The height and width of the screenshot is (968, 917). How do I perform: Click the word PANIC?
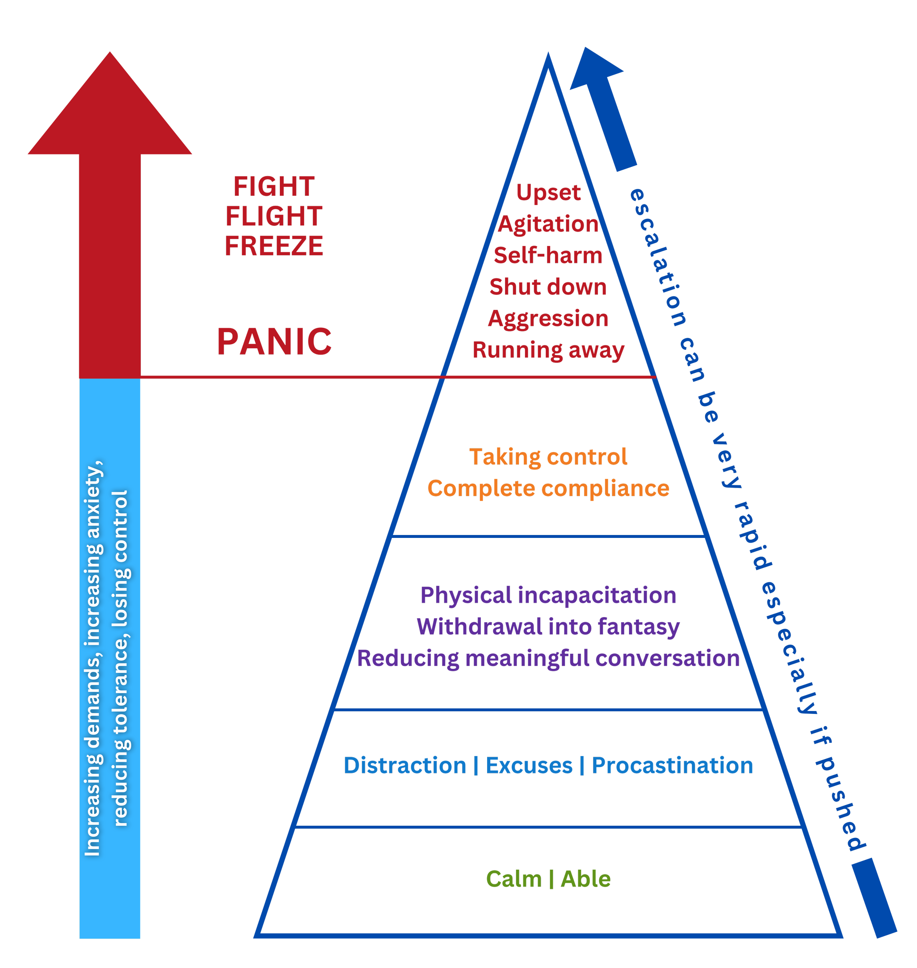pyautogui.click(x=274, y=342)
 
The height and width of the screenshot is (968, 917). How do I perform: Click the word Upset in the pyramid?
pyautogui.click(x=548, y=193)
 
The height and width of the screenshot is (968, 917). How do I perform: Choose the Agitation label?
pyautogui.click(x=548, y=225)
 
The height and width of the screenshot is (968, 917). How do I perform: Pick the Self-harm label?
pyautogui.click(x=548, y=256)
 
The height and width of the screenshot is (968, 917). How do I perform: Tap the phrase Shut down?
pyautogui.click(x=548, y=287)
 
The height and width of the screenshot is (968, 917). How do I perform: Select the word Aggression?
pyautogui.click(x=548, y=319)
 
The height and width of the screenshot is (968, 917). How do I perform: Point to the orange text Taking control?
pyautogui.click(x=548, y=457)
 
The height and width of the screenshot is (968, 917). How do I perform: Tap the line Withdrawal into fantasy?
pyautogui.click(x=548, y=627)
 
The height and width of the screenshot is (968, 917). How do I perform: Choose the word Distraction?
pyautogui.click(x=405, y=766)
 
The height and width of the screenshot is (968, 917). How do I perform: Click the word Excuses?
pyautogui.click(x=529, y=766)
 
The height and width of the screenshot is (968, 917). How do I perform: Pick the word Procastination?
pyautogui.click(x=673, y=766)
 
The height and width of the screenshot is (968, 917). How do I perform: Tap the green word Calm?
pyautogui.click(x=514, y=879)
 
